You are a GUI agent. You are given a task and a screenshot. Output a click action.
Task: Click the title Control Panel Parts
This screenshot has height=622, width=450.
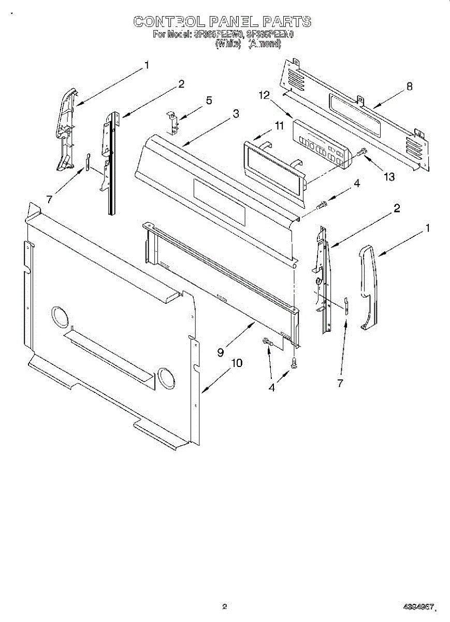coord(223,21)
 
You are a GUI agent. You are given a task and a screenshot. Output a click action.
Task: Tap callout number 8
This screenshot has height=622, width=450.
coord(409,87)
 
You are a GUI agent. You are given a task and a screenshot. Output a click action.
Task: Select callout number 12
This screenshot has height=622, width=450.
coord(265,95)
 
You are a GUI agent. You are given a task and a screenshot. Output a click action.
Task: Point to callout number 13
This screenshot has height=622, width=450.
coord(389,177)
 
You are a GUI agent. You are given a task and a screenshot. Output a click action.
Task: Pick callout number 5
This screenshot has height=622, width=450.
coord(209,101)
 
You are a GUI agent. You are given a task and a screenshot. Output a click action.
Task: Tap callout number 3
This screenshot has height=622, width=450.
coord(236,114)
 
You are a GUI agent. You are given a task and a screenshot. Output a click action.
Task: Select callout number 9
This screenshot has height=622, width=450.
coord(221,352)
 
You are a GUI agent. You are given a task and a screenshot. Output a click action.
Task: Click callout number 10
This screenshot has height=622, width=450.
coord(236,363)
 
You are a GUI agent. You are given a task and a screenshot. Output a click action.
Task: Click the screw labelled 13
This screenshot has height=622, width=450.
coord(361,152)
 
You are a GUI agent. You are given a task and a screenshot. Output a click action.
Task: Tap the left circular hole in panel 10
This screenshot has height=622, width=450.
coord(60,317)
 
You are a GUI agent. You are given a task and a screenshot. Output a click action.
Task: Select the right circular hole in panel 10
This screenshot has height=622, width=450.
coord(166,379)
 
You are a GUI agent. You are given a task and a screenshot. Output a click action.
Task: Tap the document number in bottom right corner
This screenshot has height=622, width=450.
coord(418,606)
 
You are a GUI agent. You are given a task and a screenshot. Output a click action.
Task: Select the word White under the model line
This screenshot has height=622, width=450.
coord(228,44)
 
